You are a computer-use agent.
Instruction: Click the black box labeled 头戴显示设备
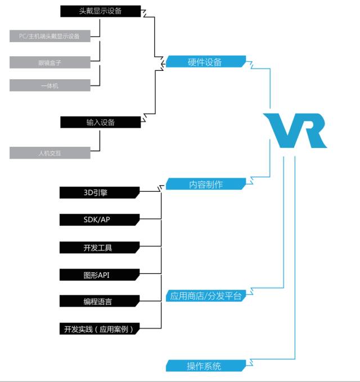point(100,11)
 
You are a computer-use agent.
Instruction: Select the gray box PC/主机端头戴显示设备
point(49,37)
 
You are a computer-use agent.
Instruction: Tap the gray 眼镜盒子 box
point(49,61)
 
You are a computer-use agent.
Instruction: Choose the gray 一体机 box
point(49,86)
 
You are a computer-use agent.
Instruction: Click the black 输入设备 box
point(100,122)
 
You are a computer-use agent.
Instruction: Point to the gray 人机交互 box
point(49,152)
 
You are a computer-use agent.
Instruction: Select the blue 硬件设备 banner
point(205,62)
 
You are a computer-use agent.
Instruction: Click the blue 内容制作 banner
point(205,184)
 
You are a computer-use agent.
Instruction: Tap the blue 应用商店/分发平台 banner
point(205,296)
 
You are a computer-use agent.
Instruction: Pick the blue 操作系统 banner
point(205,366)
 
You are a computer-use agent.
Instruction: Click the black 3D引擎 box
point(99,192)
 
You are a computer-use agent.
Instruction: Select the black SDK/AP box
point(99,219)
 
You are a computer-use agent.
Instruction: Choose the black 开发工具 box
point(99,247)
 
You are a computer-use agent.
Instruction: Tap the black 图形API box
point(99,275)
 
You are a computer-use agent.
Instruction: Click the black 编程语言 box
point(99,302)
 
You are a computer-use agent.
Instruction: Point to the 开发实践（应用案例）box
point(99,329)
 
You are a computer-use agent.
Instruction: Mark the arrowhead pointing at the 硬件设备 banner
point(163,64)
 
